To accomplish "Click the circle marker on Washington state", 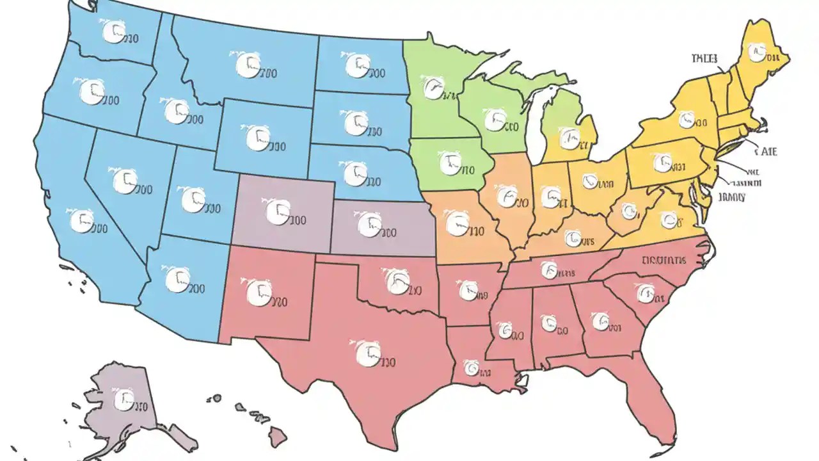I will pyautogui.click(x=113, y=31).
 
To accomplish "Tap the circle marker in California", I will pyautogui.click(x=81, y=221).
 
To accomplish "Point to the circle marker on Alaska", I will pyautogui.click(x=124, y=400).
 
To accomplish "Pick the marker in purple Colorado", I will pyautogui.click(x=278, y=212).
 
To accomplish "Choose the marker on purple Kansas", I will pyautogui.click(x=369, y=224).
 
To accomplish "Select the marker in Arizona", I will pyautogui.click(x=177, y=280).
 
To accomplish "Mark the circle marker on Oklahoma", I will pyautogui.click(x=397, y=282).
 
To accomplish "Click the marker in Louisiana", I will pyautogui.click(x=472, y=367).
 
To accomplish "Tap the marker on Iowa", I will pyautogui.click(x=450, y=163).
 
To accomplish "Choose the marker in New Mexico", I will pyautogui.click(x=258, y=291).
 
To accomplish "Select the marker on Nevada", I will pyautogui.click(x=125, y=181).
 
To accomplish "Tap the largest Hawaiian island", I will pyautogui.click(x=277, y=439).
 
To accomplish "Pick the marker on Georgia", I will pyautogui.click(x=600, y=321).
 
